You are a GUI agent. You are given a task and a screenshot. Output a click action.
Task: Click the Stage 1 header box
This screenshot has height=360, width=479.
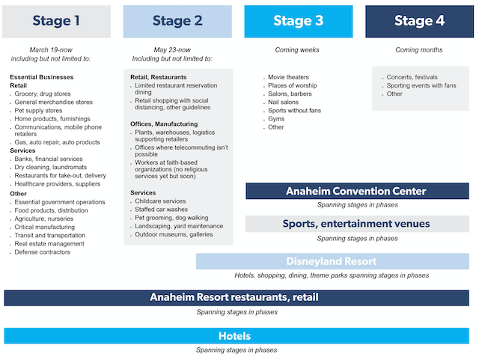[57, 22]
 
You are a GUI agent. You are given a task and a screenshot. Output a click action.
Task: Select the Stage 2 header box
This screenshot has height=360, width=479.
[177, 22]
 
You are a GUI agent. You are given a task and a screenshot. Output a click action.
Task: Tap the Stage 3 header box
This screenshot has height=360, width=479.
[299, 22]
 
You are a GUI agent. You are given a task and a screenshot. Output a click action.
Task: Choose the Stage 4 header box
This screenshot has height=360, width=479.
[419, 22]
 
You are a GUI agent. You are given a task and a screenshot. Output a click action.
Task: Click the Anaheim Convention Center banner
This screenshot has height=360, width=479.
[357, 191]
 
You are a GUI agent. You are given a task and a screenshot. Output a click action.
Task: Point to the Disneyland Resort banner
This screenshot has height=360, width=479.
[332, 261]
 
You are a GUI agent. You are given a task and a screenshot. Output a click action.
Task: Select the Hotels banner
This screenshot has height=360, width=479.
[237, 336]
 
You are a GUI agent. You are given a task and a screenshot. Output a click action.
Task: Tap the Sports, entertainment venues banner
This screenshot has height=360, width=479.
[357, 224]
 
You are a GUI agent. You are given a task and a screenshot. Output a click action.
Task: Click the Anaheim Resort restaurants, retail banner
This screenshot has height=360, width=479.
[237, 298]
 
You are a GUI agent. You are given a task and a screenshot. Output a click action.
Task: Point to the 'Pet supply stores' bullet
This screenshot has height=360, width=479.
[38, 111]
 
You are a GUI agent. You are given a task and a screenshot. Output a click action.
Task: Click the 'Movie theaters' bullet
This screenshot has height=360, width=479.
[288, 77]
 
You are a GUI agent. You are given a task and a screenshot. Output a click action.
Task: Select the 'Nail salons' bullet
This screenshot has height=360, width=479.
[283, 102]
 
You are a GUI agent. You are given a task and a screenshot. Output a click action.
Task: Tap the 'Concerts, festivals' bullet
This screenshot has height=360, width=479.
[412, 77]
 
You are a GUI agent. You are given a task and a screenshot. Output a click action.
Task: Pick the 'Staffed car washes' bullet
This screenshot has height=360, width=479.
[162, 210]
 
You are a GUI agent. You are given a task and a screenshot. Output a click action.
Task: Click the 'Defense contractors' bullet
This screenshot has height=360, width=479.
[43, 252]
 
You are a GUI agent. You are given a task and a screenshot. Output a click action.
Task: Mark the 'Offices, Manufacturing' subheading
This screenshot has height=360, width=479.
[164, 124]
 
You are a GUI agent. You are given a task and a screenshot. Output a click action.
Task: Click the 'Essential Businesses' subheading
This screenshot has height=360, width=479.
[42, 77]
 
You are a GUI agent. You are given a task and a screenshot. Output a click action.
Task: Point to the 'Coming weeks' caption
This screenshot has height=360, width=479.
[297, 50]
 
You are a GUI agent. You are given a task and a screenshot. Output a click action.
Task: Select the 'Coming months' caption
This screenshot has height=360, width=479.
[419, 50]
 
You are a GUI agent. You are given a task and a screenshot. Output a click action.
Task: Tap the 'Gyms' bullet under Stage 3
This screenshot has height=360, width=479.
[276, 119]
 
